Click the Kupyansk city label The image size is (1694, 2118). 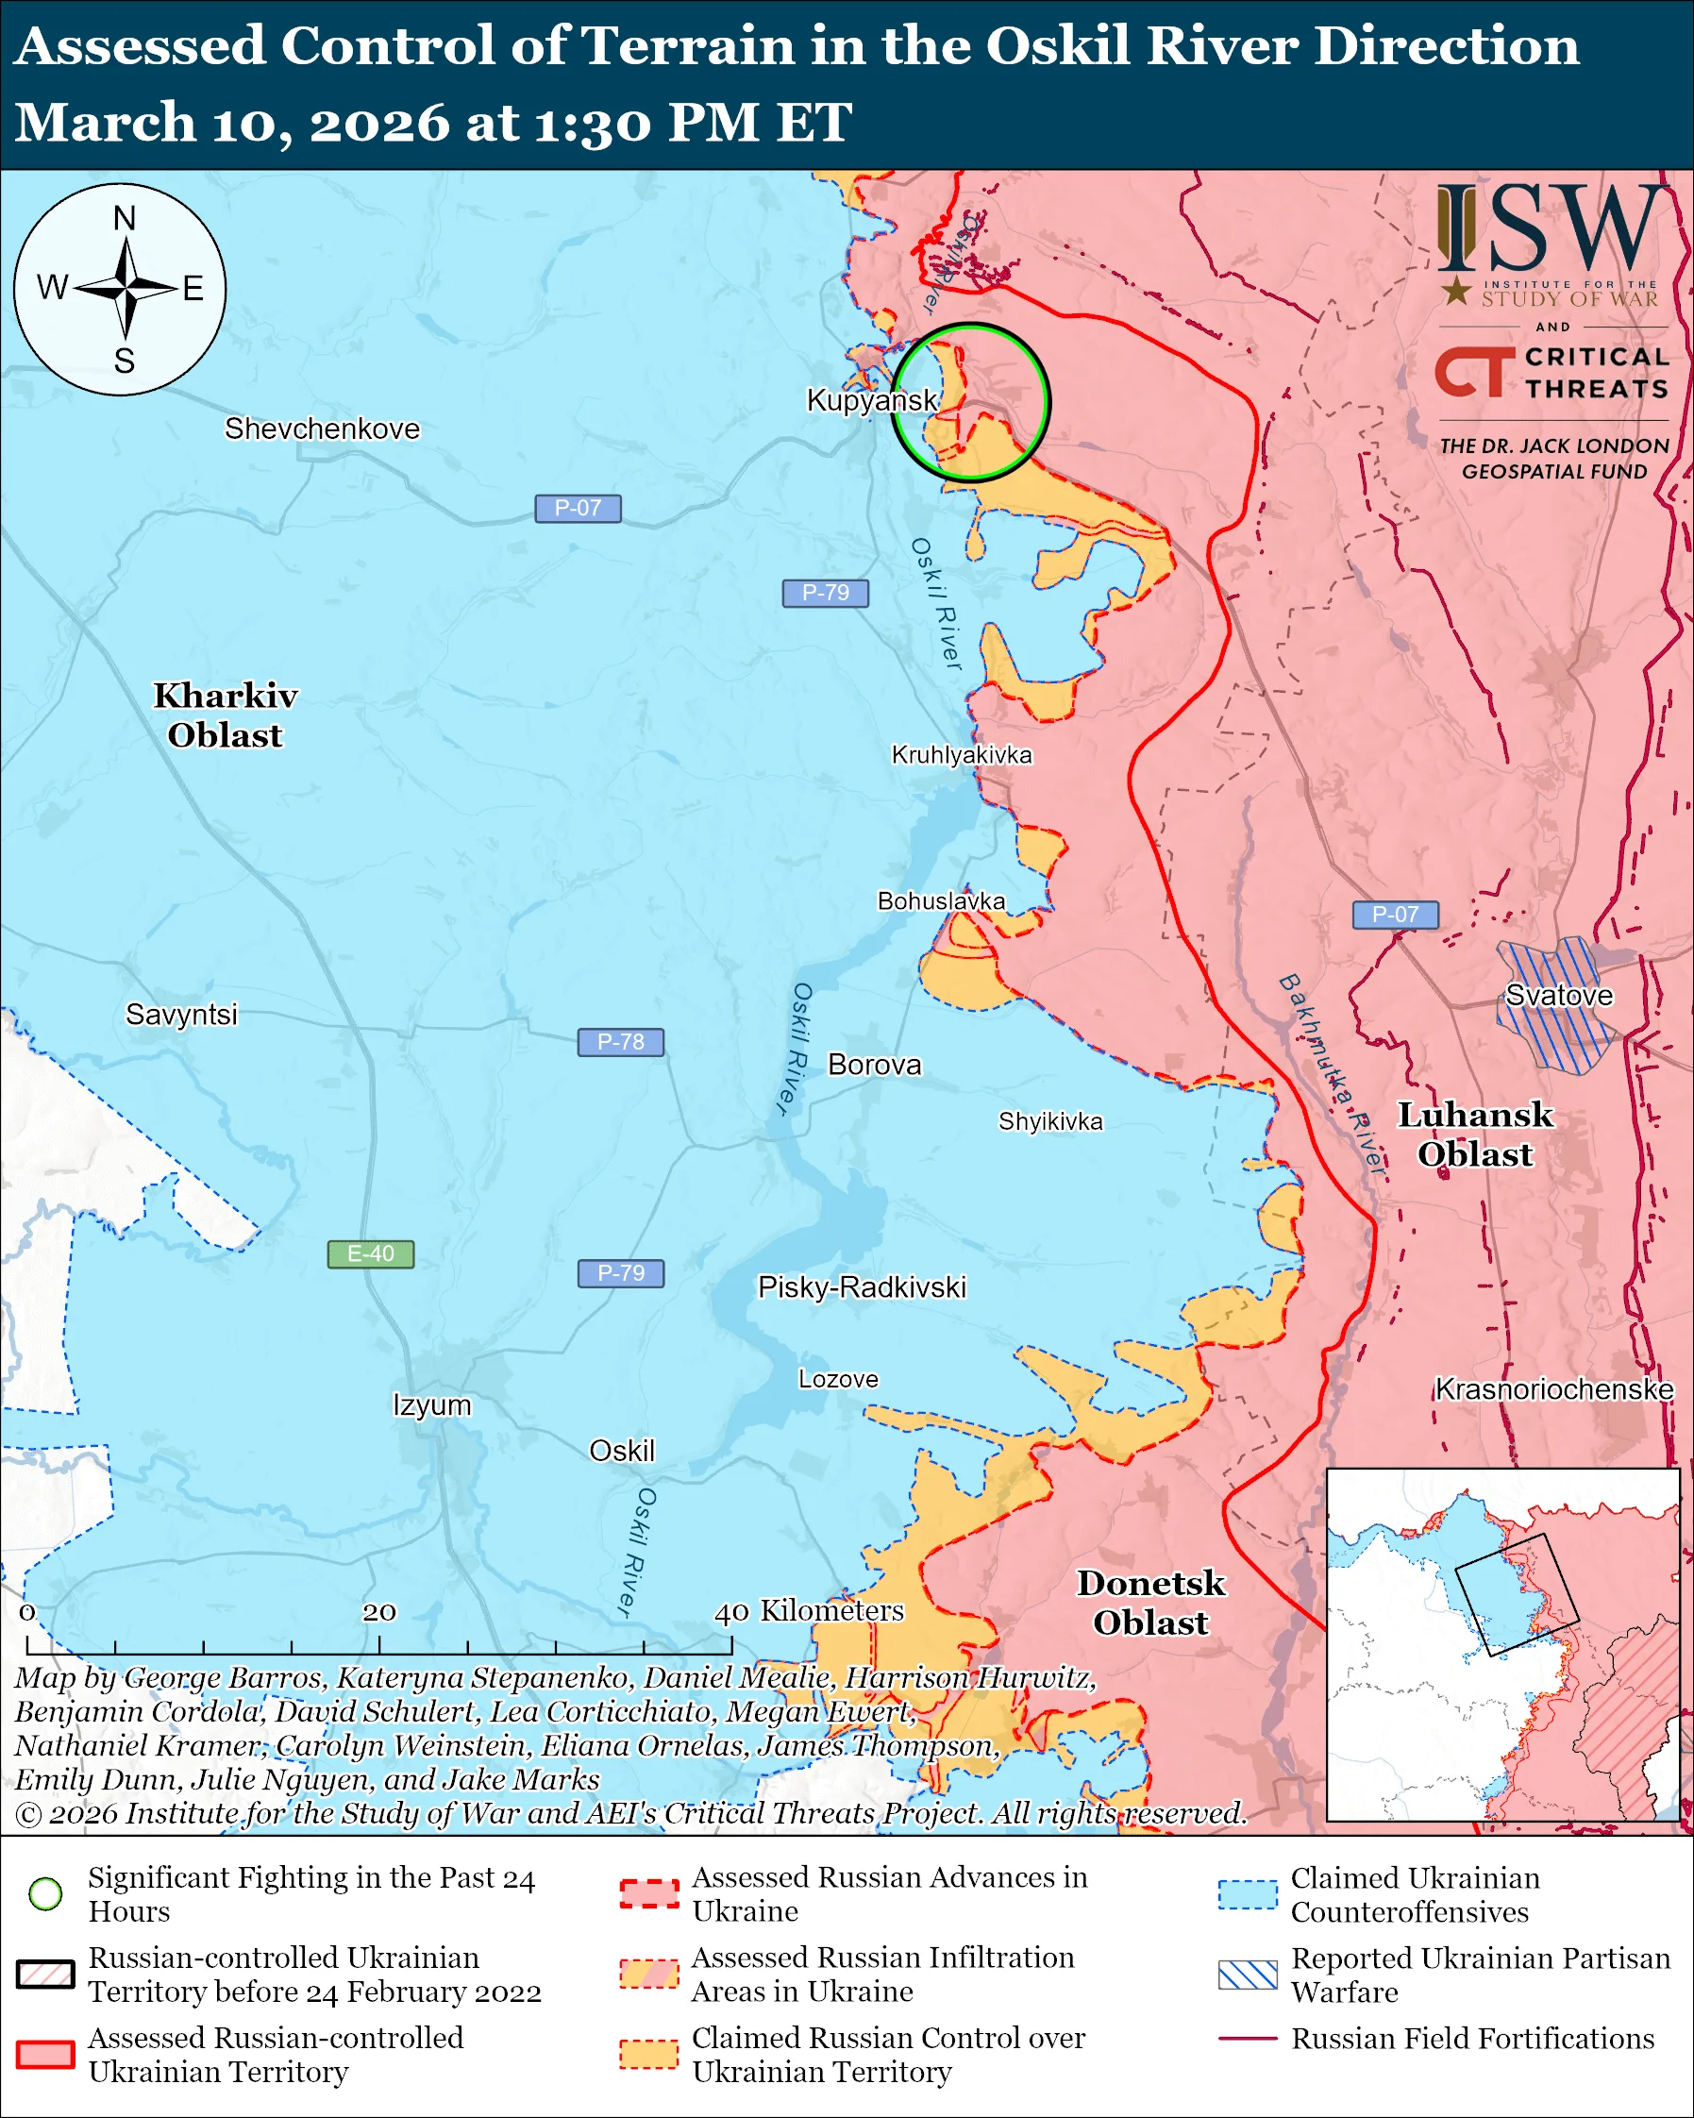pos(871,400)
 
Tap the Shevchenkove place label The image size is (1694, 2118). pos(322,429)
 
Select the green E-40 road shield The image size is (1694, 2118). pos(370,1253)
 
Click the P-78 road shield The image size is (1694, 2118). pos(620,1041)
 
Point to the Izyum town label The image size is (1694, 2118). pos(432,1404)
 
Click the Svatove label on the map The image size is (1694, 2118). pos(1558,995)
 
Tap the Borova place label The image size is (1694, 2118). pos(874,1065)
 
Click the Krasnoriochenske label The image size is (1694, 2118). pos(1553,1389)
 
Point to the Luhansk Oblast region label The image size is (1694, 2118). pos(1475,1135)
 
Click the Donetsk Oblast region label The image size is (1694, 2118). pos(1151,1603)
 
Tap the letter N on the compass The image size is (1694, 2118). pos(124,218)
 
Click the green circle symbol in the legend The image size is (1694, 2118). pos(46,1893)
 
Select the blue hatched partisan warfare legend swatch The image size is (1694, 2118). pos(1248,1975)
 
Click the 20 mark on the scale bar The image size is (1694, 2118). pos(379,1612)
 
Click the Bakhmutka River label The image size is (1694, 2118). pos(1332,1075)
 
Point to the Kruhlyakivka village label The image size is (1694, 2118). pos(962,754)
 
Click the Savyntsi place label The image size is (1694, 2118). pos(182,1014)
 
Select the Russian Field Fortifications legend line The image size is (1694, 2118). pos(1248,2039)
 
